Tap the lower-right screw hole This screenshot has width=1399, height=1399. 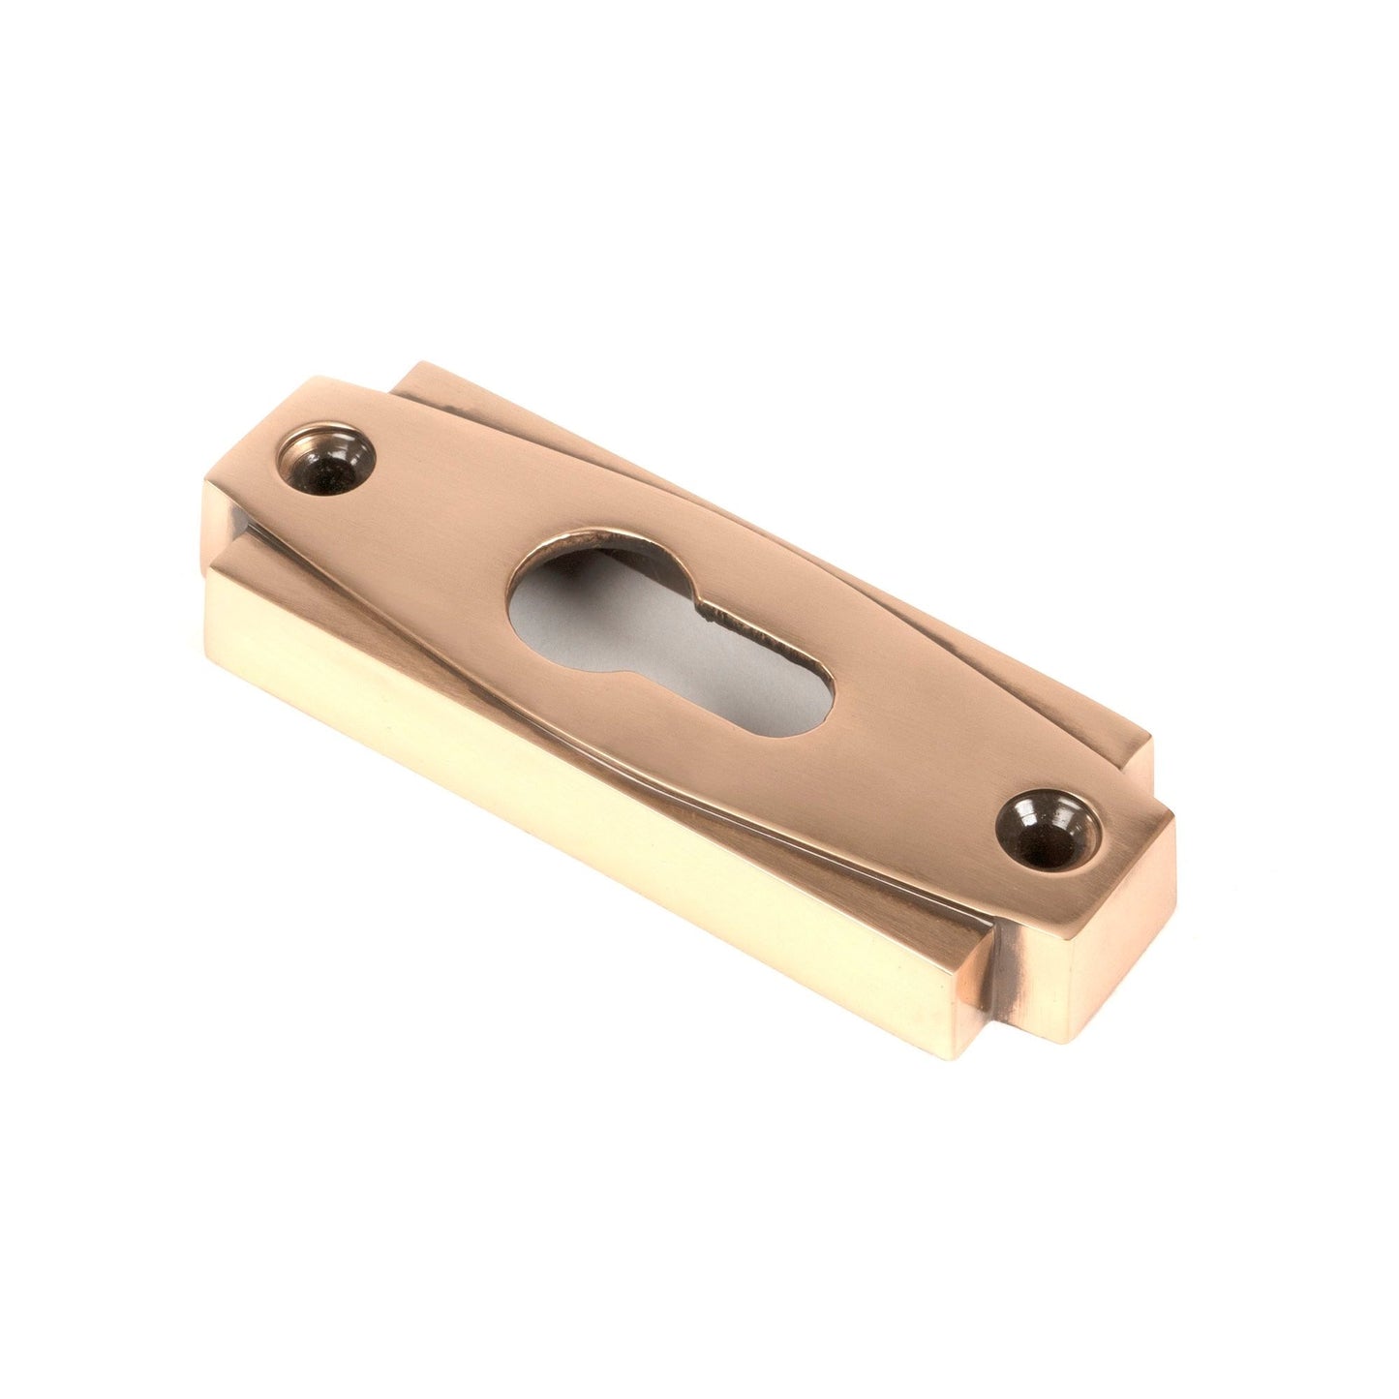pos(1049,832)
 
